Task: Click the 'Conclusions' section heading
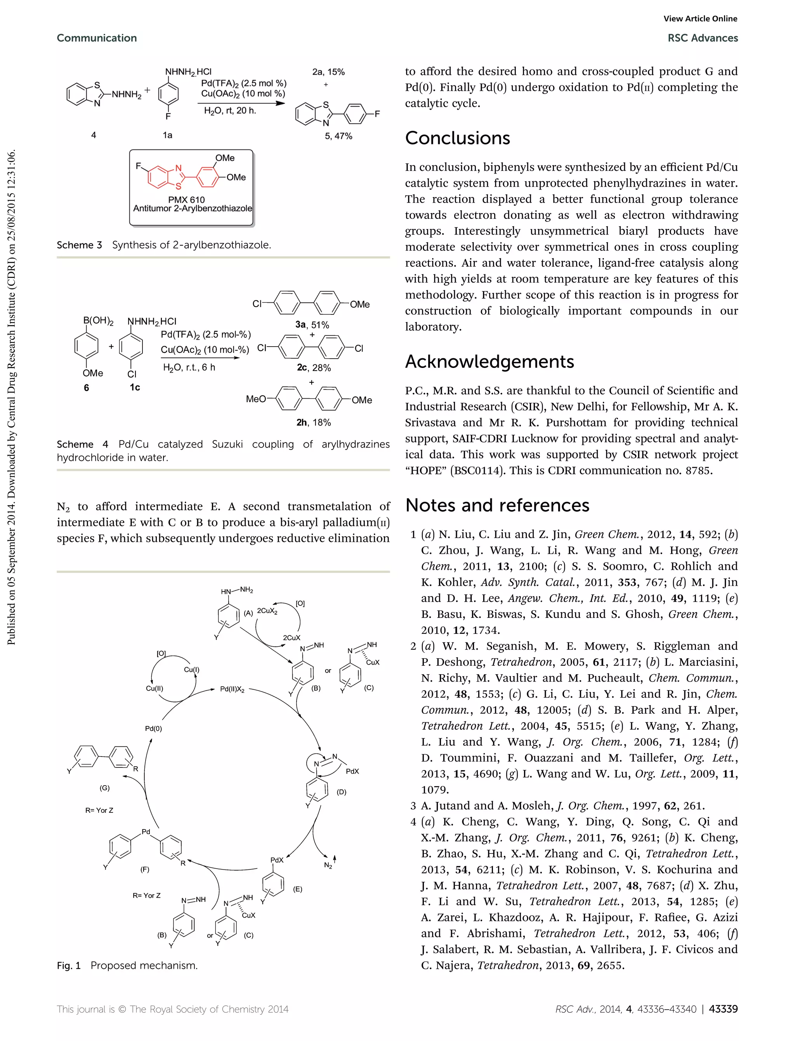[457, 138]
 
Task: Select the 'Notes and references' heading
[497, 505]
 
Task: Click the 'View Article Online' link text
[700, 19]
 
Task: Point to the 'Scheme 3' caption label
[79, 245]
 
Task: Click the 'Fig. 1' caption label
[69, 965]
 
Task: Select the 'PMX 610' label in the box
[186, 200]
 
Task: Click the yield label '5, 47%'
[338, 136]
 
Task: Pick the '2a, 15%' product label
[328, 72]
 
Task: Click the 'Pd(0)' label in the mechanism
[153, 729]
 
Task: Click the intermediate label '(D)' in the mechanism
[341, 792]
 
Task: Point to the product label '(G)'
[104, 788]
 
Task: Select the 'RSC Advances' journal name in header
[702, 38]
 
